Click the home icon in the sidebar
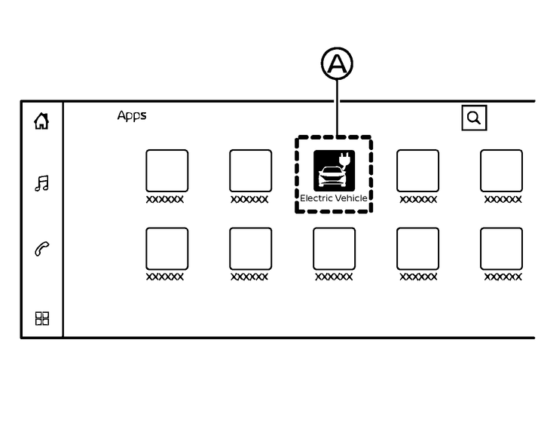click(x=41, y=121)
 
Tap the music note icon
click(x=41, y=183)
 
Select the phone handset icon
click(x=41, y=250)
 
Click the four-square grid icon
click(x=42, y=318)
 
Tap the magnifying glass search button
click(x=474, y=118)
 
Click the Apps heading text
click(x=132, y=115)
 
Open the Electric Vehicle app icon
click(x=334, y=170)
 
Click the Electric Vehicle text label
click(x=334, y=198)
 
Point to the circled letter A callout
click(x=337, y=64)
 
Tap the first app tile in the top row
click(x=167, y=170)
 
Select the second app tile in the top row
click(x=250, y=170)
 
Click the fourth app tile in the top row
click(x=417, y=170)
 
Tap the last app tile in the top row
click(x=501, y=170)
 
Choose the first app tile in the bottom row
click(x=167, y=249)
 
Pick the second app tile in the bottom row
click(x=250, y=249)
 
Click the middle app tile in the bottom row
click(x=334, y=249)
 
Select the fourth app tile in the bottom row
click(x=417, y=249)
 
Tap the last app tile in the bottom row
click(x=501, y=249)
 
